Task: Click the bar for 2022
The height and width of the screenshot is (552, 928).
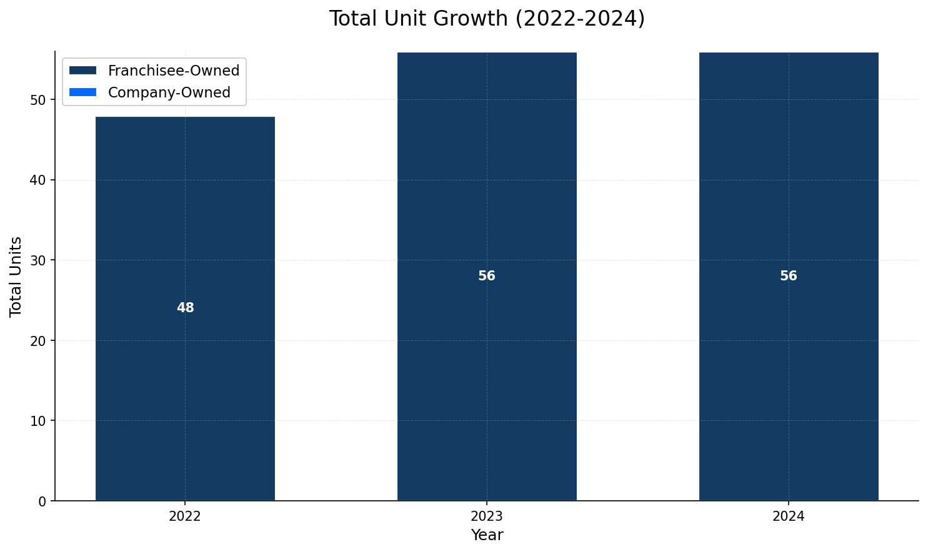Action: [185, 375]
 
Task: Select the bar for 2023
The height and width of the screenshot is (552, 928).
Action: [487, 375]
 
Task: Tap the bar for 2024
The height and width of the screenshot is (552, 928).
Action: [789, 375]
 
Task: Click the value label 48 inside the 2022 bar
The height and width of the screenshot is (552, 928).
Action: [186, 308]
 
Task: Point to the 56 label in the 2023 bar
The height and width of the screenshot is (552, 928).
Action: [487, 276]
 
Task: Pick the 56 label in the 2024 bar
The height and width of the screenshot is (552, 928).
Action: [789, 276]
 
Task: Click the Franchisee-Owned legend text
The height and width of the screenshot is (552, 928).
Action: [174, 71]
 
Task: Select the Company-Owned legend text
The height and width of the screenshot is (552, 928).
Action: [169, 92]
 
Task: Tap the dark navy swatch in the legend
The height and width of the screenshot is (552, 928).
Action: [83, 71]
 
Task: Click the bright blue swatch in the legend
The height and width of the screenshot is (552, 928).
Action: [83, 92]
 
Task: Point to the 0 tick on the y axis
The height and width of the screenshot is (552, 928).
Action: [42, 501]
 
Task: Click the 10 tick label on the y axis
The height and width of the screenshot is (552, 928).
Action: [39, 421]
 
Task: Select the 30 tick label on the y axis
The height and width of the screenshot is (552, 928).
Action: [39, 260]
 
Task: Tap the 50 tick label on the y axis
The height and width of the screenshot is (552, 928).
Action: [39, 100]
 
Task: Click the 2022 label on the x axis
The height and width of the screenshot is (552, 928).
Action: [185, 516]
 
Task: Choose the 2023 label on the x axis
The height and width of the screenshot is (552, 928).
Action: [487, 516]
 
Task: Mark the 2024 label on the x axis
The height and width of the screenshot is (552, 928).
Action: [789, 516]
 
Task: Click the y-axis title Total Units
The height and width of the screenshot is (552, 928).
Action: [16, 277]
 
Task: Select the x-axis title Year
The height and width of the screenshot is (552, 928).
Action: [487, 535]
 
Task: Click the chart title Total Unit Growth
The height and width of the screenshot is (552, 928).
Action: [487, 19]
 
